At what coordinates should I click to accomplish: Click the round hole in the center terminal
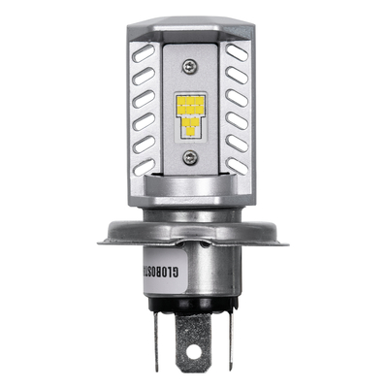point(194,342)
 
